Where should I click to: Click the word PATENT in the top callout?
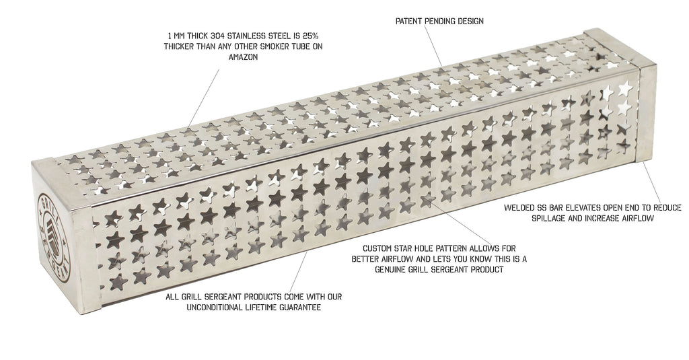pyautogui.click(x=409, y=21)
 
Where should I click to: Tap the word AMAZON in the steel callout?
pyautogui.click(x=243, y=57)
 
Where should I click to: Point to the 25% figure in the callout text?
pyautogui.click(x=310, y=36)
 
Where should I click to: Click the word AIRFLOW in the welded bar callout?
pyautogui.click(x=637, y=218)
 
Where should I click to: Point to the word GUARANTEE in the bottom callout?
pyautogui.click(x=301, y=308)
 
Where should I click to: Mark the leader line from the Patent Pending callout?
pyautogui.click(x=433, y=46)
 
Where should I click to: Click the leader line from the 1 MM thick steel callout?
pyautogui.click(x=203, y=98)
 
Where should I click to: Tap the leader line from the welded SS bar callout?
pyautogui.click(x=651, y=182)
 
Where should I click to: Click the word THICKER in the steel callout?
pyautogui.click(x=180, y=46)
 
